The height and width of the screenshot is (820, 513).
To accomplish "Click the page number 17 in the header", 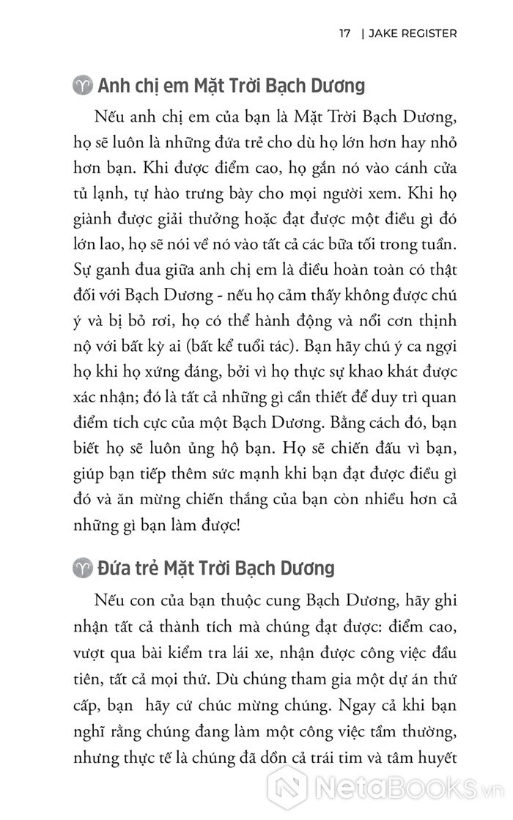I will point(344,34).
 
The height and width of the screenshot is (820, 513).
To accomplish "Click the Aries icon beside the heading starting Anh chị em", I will point(86,86).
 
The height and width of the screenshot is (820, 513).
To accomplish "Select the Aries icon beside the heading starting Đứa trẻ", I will point(86,568).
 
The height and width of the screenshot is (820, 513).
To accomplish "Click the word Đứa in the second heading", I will point(116,568).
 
